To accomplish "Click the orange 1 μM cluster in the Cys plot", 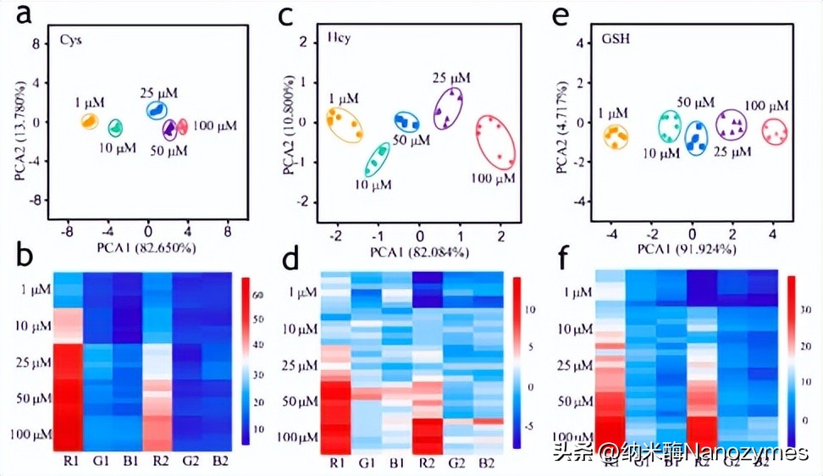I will (88, 122).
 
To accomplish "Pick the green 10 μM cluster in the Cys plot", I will (115, 128).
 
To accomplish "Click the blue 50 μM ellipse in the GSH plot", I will (696, 137).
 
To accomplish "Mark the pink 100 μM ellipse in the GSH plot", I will (774, 132).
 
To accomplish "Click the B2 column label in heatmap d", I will (486, 463).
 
